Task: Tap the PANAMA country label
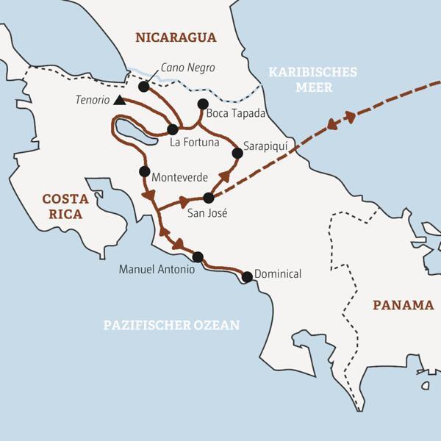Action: coord(402,304)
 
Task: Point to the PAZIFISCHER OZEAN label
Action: coord(173,324)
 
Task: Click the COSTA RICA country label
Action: coord(61,206)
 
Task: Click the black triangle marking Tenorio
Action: coord(120,100)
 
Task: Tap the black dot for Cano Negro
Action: coord(143,87)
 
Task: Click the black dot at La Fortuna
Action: coord(173,128)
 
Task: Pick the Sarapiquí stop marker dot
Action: coord(237,154)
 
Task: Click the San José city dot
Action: coord(208,198)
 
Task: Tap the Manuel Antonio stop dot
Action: coord(197,257)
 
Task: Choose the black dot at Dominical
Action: coord(247,277)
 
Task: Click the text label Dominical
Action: coord(278,273)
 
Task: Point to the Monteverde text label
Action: coord(179,177)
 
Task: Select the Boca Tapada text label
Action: coord(235,113)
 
